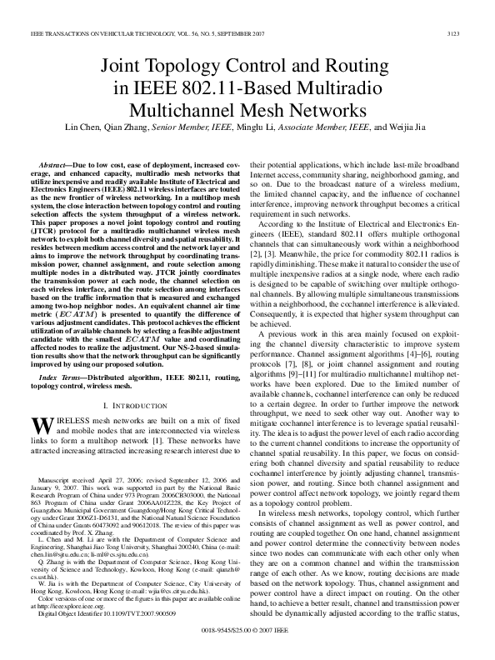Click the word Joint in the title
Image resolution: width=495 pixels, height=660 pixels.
tap(122, 65)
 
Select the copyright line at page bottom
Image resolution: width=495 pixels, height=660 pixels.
tap(247, 633)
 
